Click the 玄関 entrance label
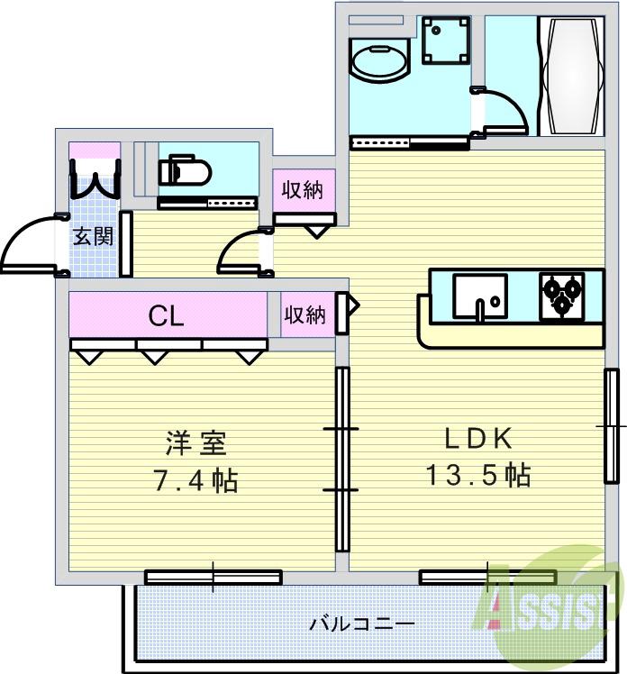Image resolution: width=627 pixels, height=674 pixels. [94, 237]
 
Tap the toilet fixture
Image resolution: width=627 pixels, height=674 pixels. [184, 170]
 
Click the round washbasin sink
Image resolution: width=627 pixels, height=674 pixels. [379, 64]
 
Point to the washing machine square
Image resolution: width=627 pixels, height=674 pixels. [446, 41]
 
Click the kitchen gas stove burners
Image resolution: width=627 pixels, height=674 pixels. [561, 296]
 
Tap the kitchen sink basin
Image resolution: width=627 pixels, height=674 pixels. [478, 296]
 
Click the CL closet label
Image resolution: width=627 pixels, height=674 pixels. [167, 315]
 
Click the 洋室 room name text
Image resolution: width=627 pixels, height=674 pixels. [195, 442]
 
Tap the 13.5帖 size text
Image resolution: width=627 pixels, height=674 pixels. [477, 474]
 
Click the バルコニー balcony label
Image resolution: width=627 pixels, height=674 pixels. [361, 624]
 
